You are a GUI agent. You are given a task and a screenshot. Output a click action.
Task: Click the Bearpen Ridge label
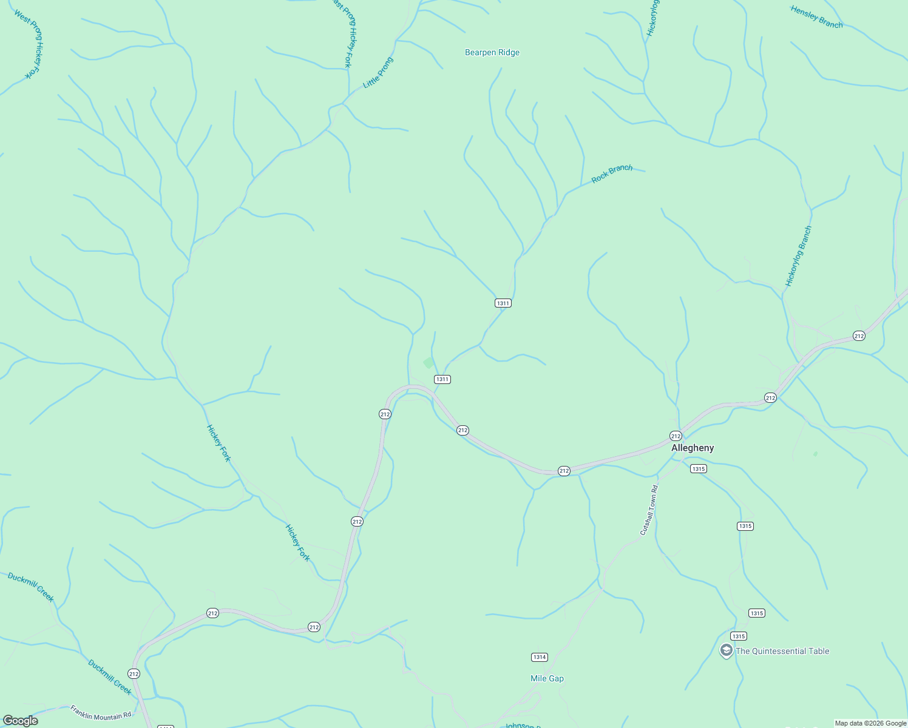click(492, 53)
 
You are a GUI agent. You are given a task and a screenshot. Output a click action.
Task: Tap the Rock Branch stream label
click(612, 174)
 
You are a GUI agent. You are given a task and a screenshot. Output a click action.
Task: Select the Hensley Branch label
click(816, 17)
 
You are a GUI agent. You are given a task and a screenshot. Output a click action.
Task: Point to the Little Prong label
click(378, 73)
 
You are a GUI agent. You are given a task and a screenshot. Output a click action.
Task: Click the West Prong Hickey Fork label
click(29, 44)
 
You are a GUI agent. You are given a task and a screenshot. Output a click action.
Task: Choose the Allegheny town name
click(693, 448)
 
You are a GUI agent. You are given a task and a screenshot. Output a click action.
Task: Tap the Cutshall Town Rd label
click(649, 510)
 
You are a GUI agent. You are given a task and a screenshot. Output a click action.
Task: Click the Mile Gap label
click(547, 678)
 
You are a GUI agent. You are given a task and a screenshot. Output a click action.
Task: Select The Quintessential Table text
click(782, 651)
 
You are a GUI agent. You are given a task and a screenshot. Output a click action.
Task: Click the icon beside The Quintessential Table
click(726, 651)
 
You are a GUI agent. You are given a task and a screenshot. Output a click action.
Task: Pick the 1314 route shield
click(539, 657)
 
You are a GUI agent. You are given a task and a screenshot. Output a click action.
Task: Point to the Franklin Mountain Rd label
click(101, 712)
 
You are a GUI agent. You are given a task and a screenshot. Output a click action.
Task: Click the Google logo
click(21, 721)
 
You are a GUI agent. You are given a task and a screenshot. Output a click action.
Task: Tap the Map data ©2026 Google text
click(870, 723)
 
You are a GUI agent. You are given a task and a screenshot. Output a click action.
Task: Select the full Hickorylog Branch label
click(798, 256)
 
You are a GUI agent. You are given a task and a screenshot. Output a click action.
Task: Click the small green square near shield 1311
click(429, 363)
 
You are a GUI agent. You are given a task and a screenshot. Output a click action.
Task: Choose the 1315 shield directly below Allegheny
click(698, 468)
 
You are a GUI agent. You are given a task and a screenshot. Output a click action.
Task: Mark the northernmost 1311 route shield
click(503, 303)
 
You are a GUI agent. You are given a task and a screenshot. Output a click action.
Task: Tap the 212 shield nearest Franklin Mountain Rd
click(134, 673)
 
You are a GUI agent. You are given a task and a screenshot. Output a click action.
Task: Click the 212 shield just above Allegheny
click(676, 436)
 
